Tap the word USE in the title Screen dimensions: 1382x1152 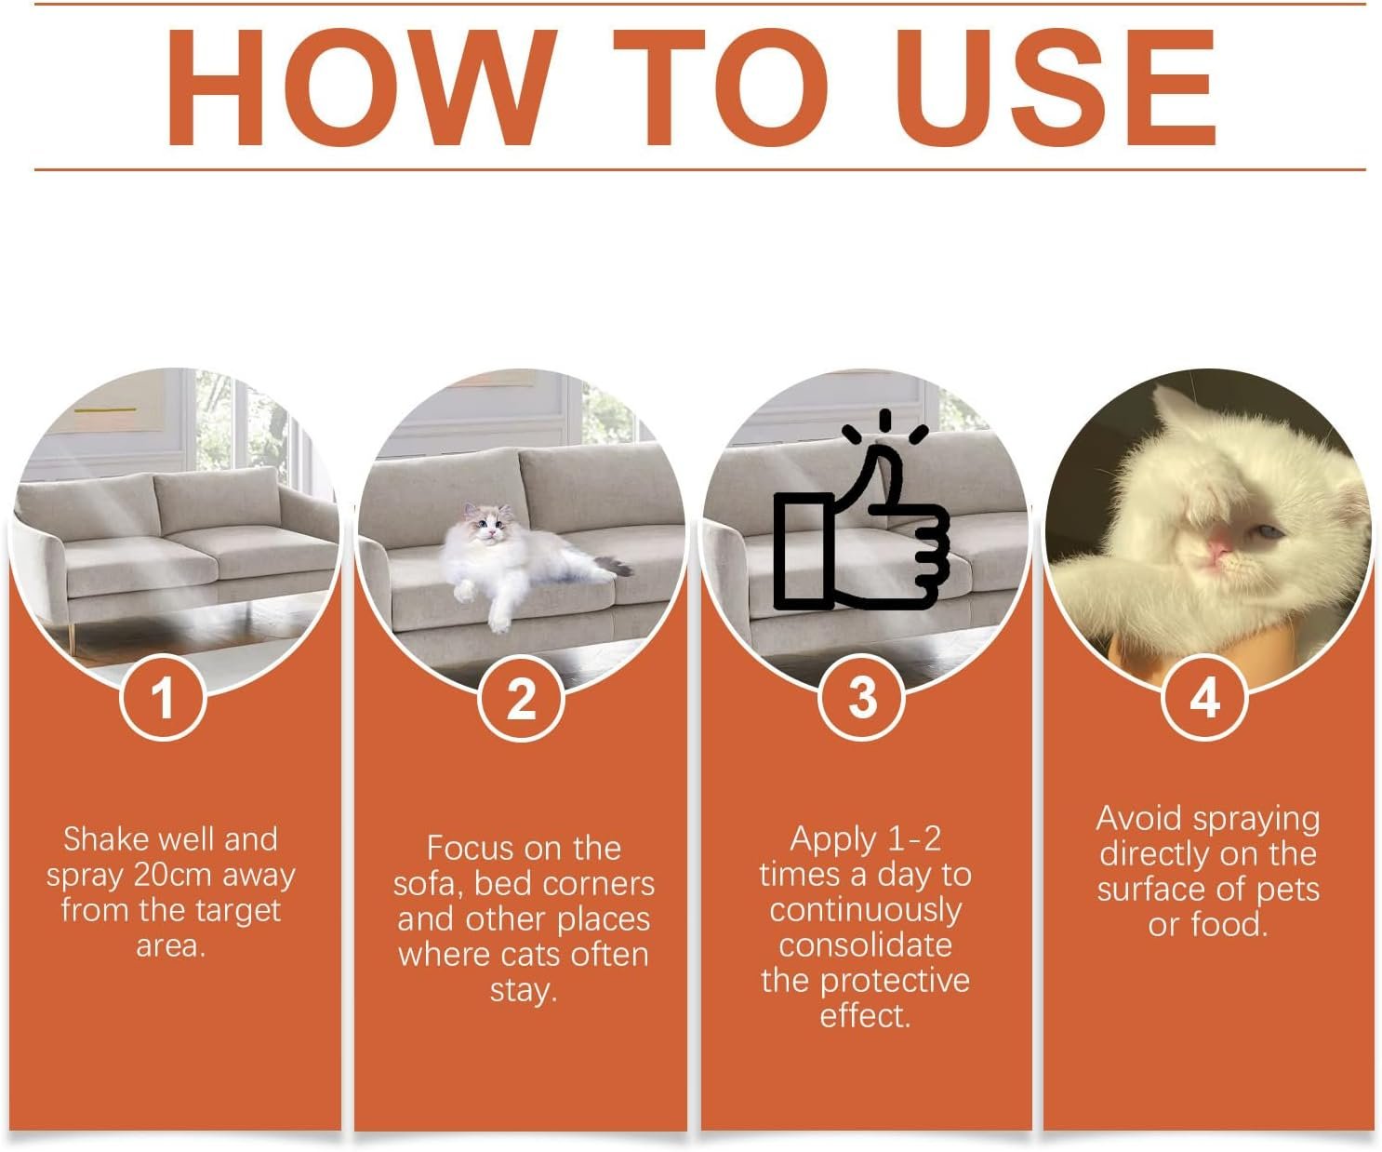click(1059, 87)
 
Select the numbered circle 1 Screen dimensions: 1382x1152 click(164, 698)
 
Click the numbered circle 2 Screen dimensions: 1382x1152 click(521, 698)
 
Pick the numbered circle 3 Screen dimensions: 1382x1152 click(862, 698)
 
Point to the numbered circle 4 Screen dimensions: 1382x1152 click(1204, 698)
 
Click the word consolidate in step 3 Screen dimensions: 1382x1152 click(865, 946)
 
